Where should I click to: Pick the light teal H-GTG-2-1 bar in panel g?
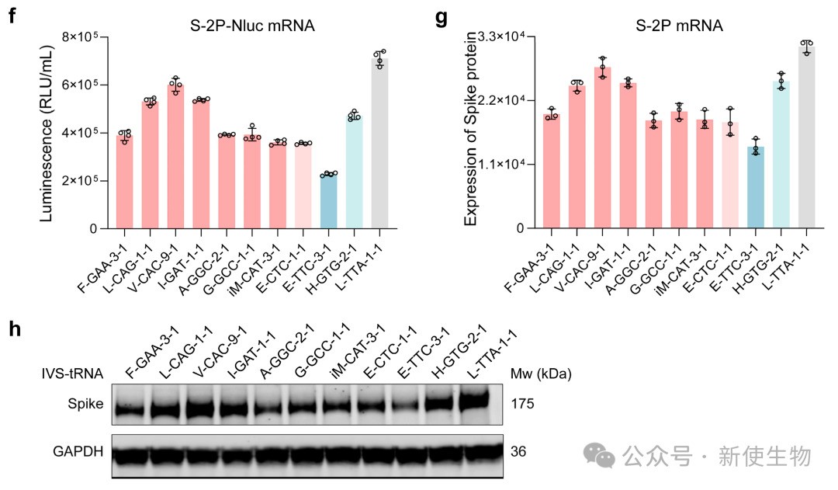coord(781,155)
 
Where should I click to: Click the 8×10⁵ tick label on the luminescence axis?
coord(87,36)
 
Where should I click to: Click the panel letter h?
coord(13,329)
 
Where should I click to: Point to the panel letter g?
coord(442,17)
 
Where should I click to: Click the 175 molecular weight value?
coord(522,405)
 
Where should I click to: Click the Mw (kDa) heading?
coord(540,374)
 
